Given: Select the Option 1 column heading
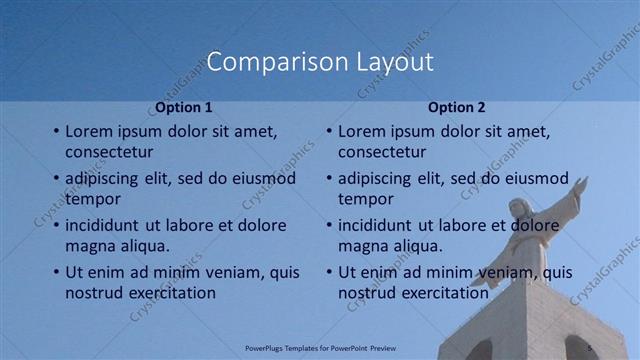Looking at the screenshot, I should pyautogui.click(x=184, y=107).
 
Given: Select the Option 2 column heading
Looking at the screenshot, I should pyautogui.click(x=457, y=107).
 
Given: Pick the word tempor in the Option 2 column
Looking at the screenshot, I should pyautogui.click(x=366, y=199).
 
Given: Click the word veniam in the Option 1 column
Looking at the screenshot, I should pyautogui.click(x=233, y=272).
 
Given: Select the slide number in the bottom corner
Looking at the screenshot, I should pyautogui.click(x=589, y=348).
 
